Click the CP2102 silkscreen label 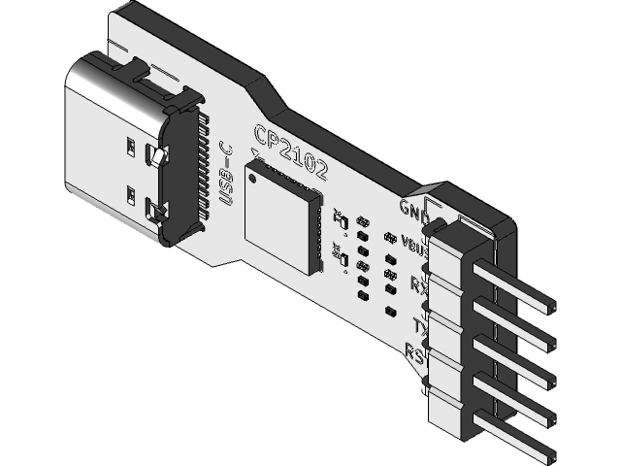point(290,152)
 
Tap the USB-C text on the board point(227,174)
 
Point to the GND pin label point(413,207)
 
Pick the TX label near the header point(420,324)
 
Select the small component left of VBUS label point(389,238)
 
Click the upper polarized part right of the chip point(342,219)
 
